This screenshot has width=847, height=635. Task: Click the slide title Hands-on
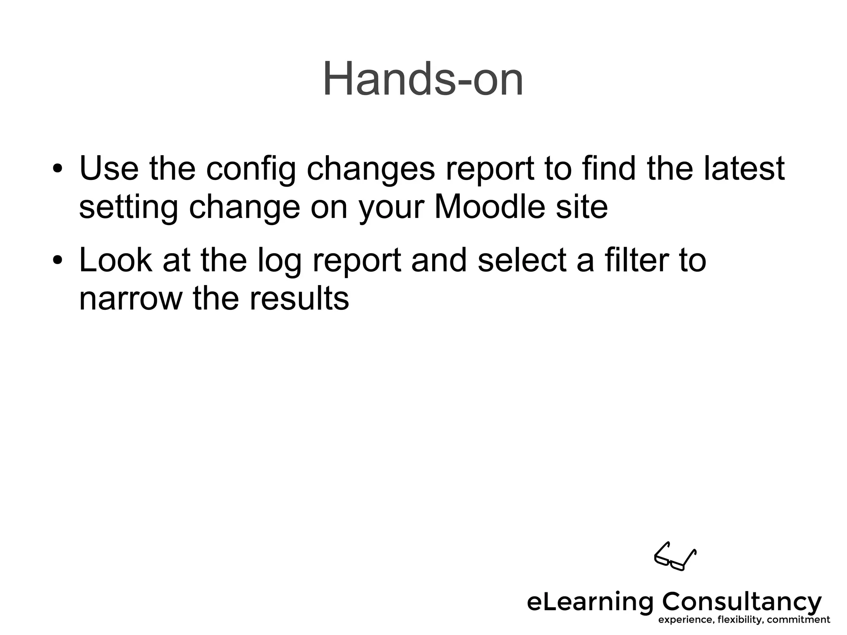coord(423,79)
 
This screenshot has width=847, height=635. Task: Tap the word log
coord(279,262)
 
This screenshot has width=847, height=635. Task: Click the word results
coord(299,298)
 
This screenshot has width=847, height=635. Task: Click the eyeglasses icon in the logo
coord(675,556)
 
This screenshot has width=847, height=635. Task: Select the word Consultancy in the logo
coord(742,602)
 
